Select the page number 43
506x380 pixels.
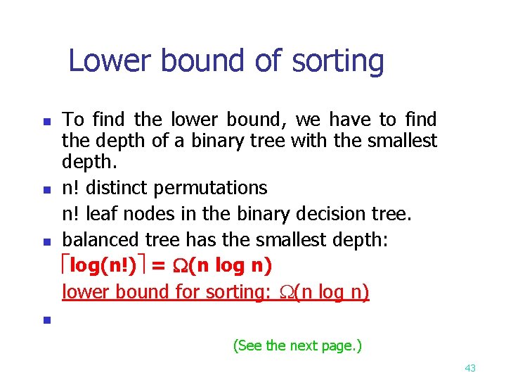(470, 368)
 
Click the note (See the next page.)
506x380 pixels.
(297, 346)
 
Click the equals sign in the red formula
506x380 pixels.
(159, 267)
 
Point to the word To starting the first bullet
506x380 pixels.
(74, 120)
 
